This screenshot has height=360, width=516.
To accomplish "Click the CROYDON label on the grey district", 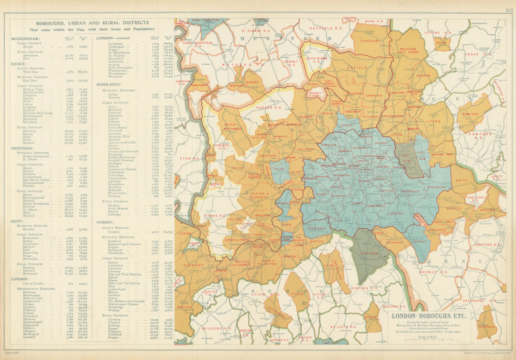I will pyautogui.click(x=369, y=253).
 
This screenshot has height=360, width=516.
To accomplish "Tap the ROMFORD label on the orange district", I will pyautogui.click(x=470, y=114).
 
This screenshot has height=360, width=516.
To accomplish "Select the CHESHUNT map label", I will pyautogui.click(x=370, y=41).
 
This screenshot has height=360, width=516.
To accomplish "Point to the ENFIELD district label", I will pyautogui.click(x=357, y=68).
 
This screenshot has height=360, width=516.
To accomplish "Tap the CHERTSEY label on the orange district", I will pyautogui.click(x=193, y=266).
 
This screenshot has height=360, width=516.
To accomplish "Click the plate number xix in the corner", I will pyautogui.click(x=509, y=10).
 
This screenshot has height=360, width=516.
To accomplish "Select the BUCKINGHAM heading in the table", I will pyautogui.click(x=25, y=39).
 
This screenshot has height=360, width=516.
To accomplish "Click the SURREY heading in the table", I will pyautogui.click(x=105, y=222).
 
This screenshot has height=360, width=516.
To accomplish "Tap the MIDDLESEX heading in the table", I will pyautogui.click(x=109, y=84).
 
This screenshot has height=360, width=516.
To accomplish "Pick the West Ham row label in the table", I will pyautogui.click(x=30, y=72).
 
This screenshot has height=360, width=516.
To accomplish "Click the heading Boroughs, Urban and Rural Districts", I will pyautogui.click(x=92, y=23).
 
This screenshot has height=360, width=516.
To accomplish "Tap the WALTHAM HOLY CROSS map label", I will pyautogui.click(x=409, y=51).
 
